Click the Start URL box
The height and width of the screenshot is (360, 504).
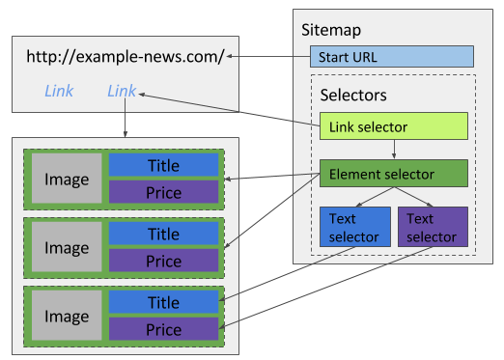391,56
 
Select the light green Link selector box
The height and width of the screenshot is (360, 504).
394,126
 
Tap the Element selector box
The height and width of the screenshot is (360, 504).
394,175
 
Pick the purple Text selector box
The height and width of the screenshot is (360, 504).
433,228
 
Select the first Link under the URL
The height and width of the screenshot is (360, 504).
59,91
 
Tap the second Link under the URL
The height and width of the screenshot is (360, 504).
122,91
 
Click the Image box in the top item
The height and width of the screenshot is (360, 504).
67,180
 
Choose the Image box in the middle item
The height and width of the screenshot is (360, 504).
67,248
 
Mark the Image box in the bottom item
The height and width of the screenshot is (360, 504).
67,317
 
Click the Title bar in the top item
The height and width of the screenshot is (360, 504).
163,165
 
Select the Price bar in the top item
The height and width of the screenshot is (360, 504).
163,192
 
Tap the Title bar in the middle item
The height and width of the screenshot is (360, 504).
163,234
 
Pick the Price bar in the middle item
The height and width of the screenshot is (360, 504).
163,261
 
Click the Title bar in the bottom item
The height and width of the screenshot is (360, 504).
163,302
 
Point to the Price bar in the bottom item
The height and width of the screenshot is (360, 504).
163,329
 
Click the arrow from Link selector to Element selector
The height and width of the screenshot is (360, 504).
394,150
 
